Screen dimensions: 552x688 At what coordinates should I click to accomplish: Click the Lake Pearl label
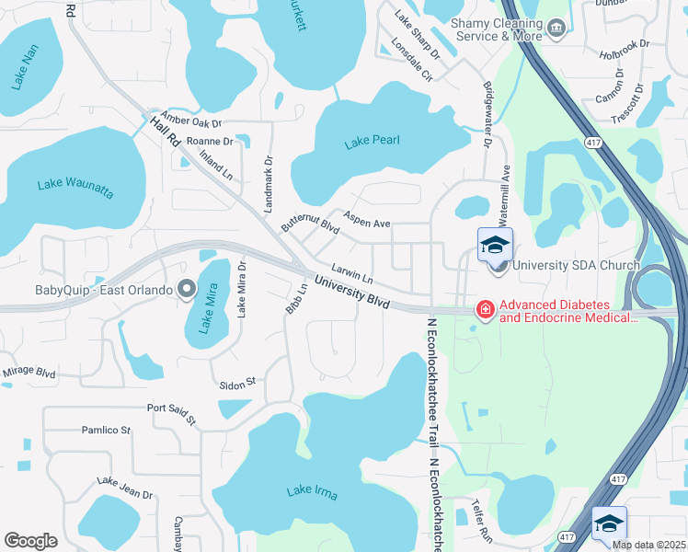tap(372, 142)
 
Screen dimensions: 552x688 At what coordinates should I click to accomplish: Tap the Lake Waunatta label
tap(75, 188)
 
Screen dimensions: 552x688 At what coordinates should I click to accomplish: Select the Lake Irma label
tap(312, 492)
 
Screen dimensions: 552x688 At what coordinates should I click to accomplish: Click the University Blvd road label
tap(351, 293)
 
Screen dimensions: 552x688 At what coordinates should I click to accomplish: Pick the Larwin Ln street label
tap(352, 273)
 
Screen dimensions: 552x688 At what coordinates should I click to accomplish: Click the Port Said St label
tap(172, 413)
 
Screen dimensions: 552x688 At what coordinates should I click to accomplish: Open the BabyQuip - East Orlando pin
tap(187, 290)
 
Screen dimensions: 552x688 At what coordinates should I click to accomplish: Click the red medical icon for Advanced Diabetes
tap(483, 310)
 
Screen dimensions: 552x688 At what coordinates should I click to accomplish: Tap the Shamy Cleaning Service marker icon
tap(556, 29)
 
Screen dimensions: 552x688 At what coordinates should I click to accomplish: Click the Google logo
tap(30, 541)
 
